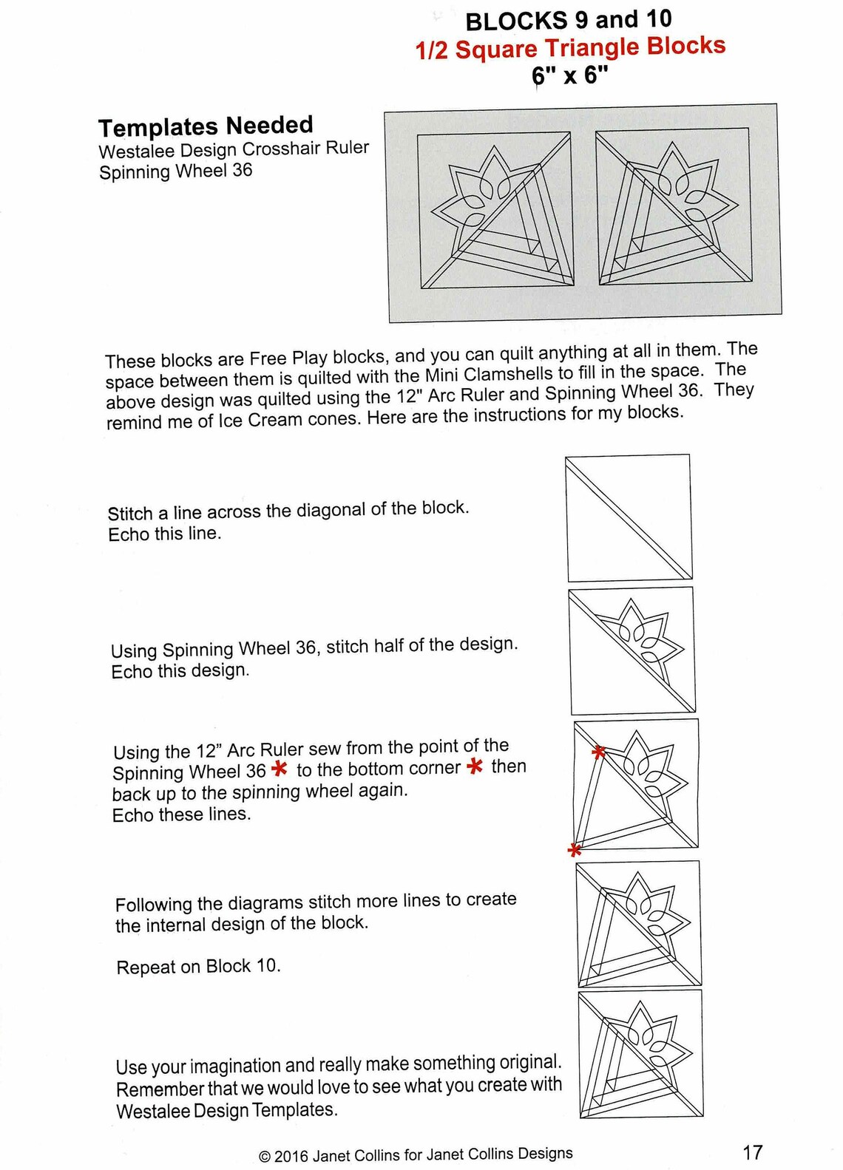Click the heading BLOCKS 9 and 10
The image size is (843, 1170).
[568, 21]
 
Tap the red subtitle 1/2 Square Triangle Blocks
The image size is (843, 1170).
[570, 48]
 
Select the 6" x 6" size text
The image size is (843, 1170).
[569, 75]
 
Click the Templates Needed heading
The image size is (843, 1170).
[206, 126]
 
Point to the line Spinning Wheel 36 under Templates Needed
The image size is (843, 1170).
[176, 171]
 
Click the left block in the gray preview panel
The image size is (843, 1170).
[495, 211]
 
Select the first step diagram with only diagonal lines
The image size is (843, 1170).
[629, 517]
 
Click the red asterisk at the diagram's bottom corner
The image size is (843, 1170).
[574, 851]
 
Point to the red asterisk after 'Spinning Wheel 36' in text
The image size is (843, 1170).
[280, 769]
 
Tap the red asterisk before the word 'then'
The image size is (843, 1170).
[475, 766]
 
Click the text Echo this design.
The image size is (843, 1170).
[180, 671]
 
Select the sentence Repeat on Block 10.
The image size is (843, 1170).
[198, 967]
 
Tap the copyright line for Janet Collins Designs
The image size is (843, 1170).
[416, 1154]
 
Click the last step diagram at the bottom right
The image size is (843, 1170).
[640, 1053]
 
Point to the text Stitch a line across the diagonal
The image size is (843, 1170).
[288, 511]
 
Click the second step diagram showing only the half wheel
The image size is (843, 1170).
[632, 650]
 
